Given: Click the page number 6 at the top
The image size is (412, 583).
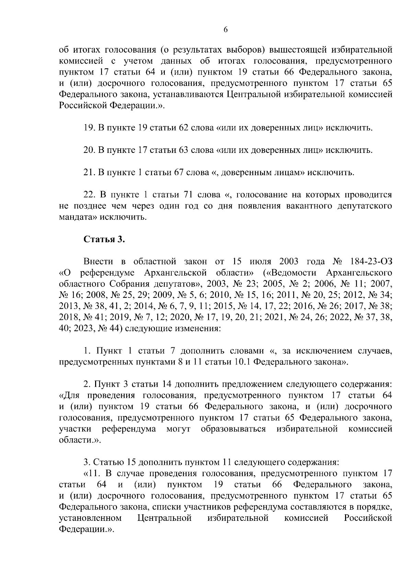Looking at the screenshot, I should (226, 30).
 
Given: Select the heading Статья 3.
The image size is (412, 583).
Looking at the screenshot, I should (104, 239).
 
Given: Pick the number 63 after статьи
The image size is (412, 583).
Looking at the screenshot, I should (182, 150).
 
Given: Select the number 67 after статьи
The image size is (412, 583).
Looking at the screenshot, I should (177, 172).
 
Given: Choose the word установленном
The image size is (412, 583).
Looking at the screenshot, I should (90, 518).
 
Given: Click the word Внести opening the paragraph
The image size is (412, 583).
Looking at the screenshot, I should (99, 262).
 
